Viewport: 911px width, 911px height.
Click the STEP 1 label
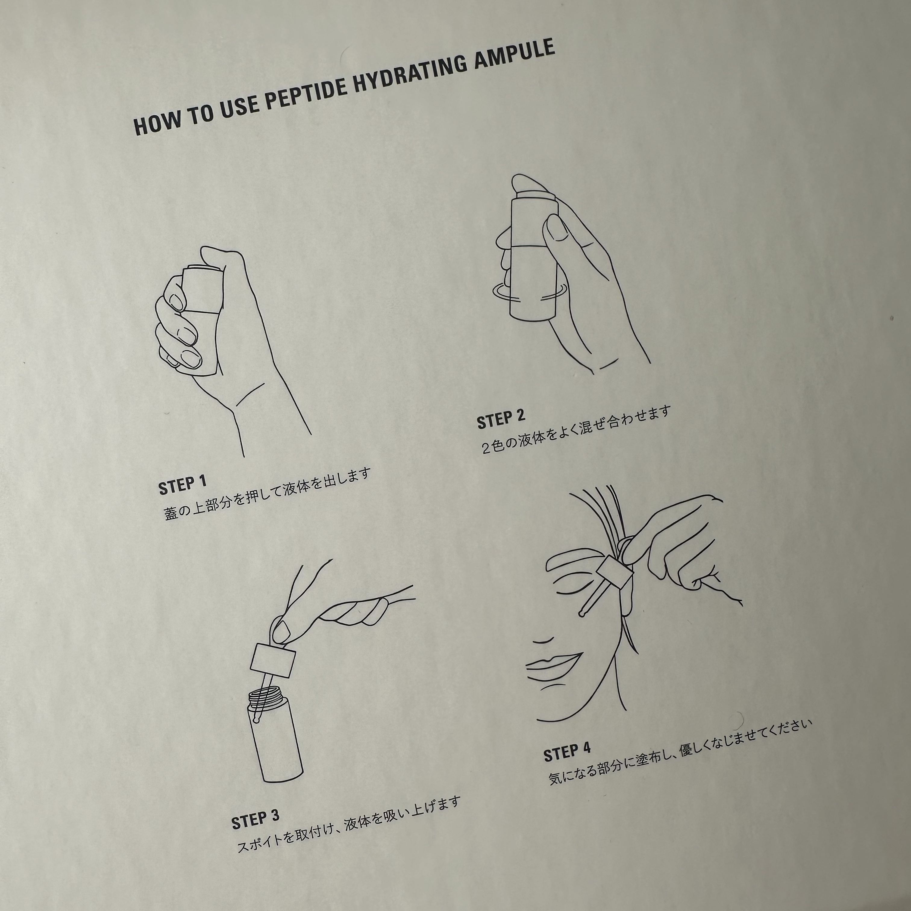point(183,485)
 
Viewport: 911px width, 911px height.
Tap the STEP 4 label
point(567,752)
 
